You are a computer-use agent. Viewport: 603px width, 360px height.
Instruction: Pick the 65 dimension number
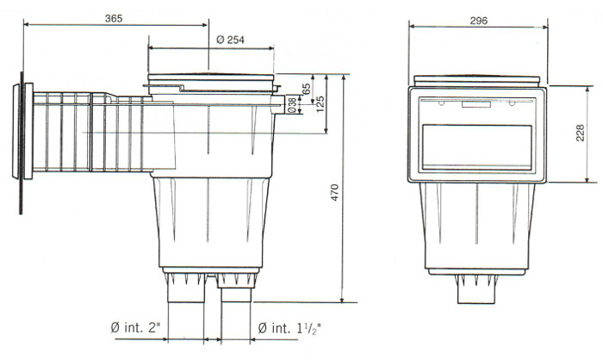point(308,87)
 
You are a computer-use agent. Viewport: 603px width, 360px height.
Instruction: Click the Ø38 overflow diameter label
point(293,103)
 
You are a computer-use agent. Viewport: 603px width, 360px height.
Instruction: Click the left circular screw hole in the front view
point(442,105)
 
